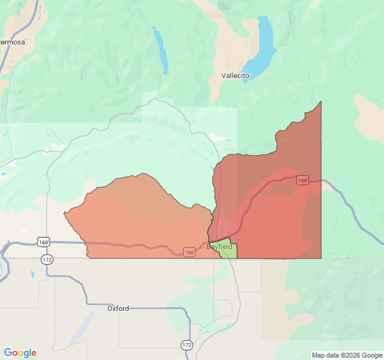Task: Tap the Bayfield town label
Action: pos(220,247)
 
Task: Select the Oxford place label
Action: pos(118,308)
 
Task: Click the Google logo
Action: pos(20,353)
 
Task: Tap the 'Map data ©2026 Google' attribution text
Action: pos(346,355)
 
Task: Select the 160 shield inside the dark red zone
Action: pos(302,181)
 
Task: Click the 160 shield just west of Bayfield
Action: pos(190,253)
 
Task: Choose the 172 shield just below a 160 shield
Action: pos(47,259)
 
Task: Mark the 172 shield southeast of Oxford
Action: pos(187,345)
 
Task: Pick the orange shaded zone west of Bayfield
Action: pos(138,222)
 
